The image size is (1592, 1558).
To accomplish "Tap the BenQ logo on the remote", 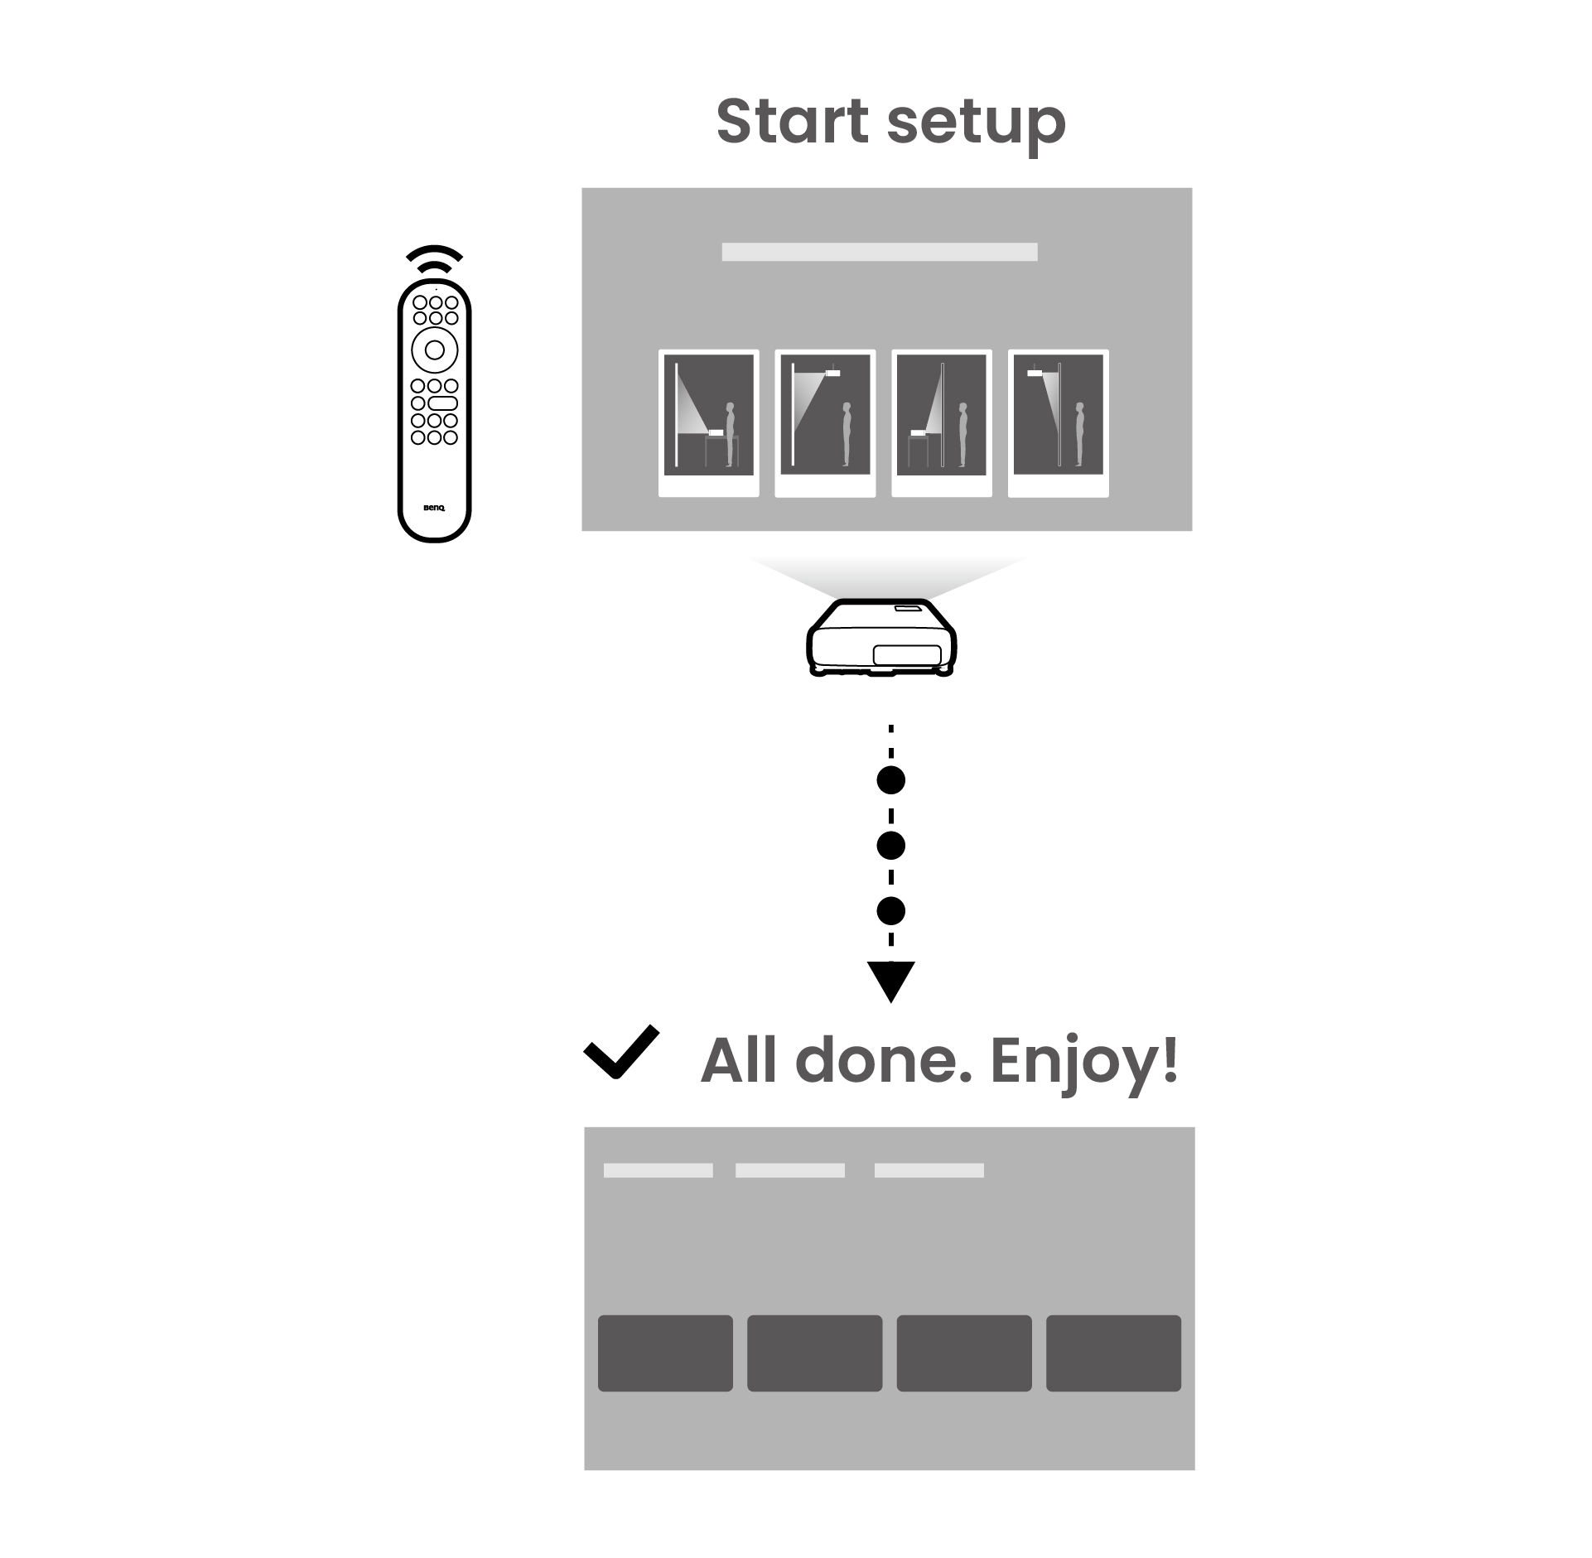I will click(434, 507).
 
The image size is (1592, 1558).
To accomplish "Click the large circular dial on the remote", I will click(434, 350).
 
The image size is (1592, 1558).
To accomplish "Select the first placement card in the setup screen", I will click(708, 423).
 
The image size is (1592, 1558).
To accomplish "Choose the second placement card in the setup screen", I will click(825, 423).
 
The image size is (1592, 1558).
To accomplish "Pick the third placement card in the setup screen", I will click(941, 423).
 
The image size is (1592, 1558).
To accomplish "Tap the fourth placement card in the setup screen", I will click(1058, 423).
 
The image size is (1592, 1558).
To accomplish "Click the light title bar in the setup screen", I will click(879, 252).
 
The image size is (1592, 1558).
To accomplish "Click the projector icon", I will click(880, 637).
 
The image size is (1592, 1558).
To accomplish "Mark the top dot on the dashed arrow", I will click(890, 779).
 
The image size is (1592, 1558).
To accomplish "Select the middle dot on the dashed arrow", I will click(890, 845).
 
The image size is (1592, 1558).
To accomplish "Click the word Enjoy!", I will click(1083, 1062).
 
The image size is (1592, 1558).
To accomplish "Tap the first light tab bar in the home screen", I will click(658, 1170).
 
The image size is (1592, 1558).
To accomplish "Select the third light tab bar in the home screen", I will click(929, 1170).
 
